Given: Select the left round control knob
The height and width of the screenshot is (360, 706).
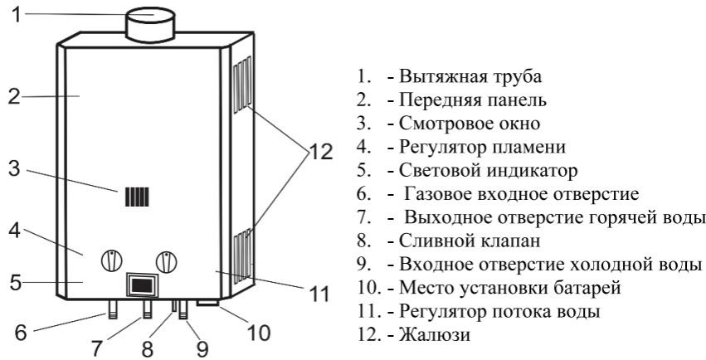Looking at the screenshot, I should tap(111, 260).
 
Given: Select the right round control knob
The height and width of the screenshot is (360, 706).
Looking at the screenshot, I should tap(168, 260).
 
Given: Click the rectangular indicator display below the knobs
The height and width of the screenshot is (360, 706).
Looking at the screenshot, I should tap(140, 285).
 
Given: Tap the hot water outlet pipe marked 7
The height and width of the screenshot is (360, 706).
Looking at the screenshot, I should tap(146, 312).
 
